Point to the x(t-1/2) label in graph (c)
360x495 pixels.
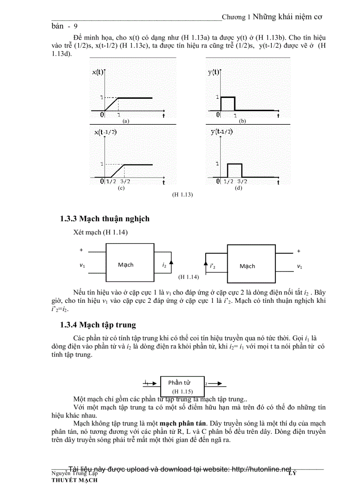(105, 132)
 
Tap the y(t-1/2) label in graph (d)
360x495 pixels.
(222, 132)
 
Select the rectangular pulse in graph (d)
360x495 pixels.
(235, 170)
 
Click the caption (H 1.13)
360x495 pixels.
(182, 194)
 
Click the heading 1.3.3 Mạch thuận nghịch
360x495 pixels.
(105, 219)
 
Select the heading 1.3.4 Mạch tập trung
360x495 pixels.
(98, 325)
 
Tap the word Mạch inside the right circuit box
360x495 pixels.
(247, 266)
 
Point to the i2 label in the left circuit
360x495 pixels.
(164, 265)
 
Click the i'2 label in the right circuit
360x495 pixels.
(213, 266)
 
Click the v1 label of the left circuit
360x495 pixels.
(82, 265)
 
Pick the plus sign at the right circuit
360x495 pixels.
(299, 251)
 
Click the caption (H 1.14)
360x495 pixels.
(188, 277)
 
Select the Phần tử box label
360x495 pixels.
(179, 383)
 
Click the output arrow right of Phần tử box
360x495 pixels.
(218, 383)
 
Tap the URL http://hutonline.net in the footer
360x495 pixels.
(256, 469)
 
